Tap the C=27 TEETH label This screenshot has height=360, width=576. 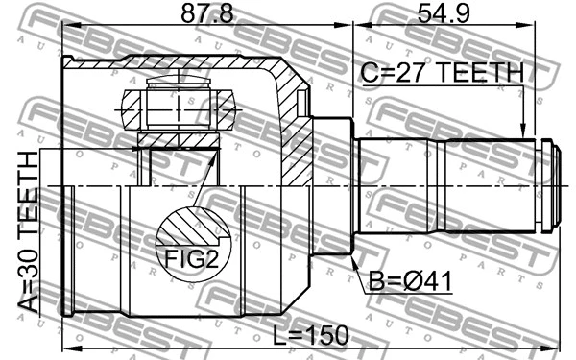tap(442, 73)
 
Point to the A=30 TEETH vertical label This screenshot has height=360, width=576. tap(29, 230)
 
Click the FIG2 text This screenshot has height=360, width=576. tap(189, 259)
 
